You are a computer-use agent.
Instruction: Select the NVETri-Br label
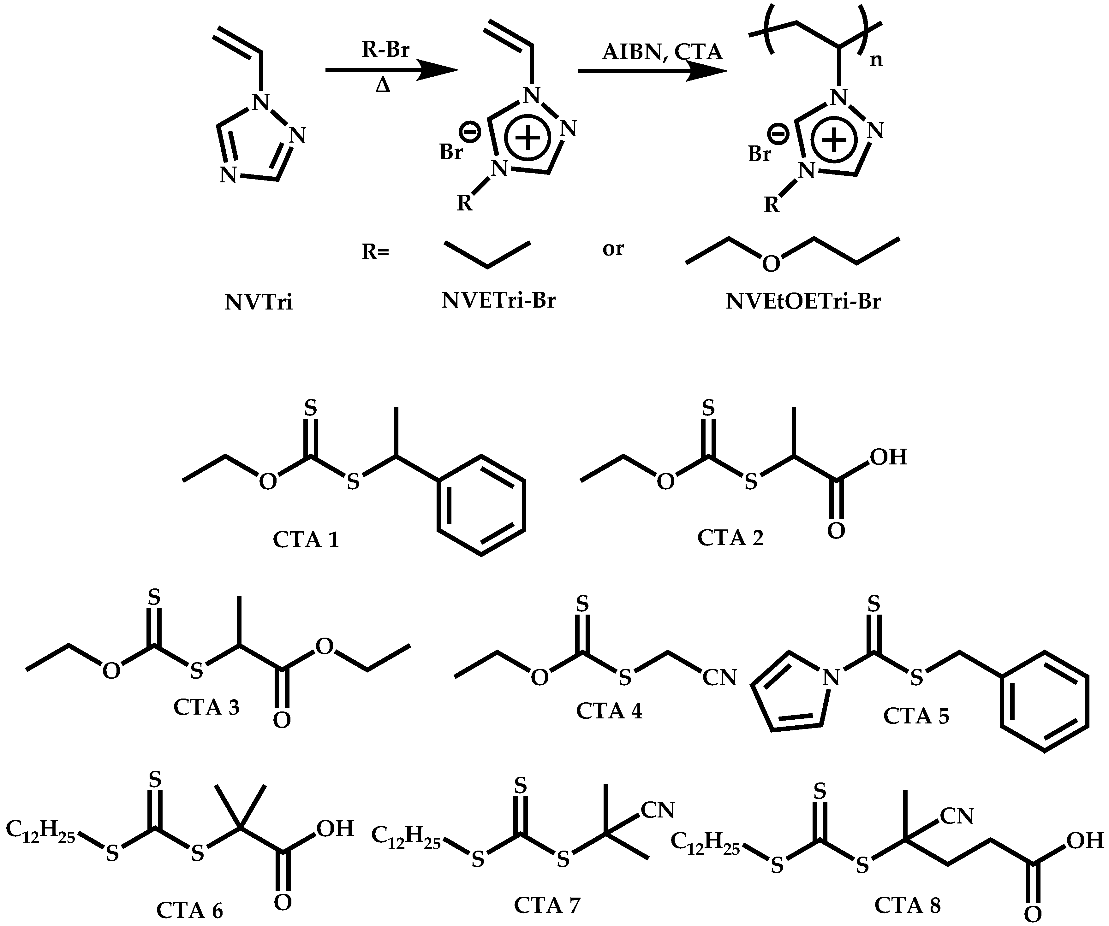[498, 301]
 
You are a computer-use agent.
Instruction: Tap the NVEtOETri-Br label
[803, 301]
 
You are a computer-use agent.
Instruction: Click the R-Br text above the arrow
[385, 50]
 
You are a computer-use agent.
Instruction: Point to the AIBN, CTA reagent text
[662, 52]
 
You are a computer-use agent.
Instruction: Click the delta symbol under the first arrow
[383, 85]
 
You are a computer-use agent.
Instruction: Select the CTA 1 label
[306, 540]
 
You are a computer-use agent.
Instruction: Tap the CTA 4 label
[609, 711]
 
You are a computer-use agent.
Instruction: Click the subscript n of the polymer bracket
[876, 61]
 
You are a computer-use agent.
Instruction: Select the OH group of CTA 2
[889, 457]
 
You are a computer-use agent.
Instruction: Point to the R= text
[375, 252]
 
